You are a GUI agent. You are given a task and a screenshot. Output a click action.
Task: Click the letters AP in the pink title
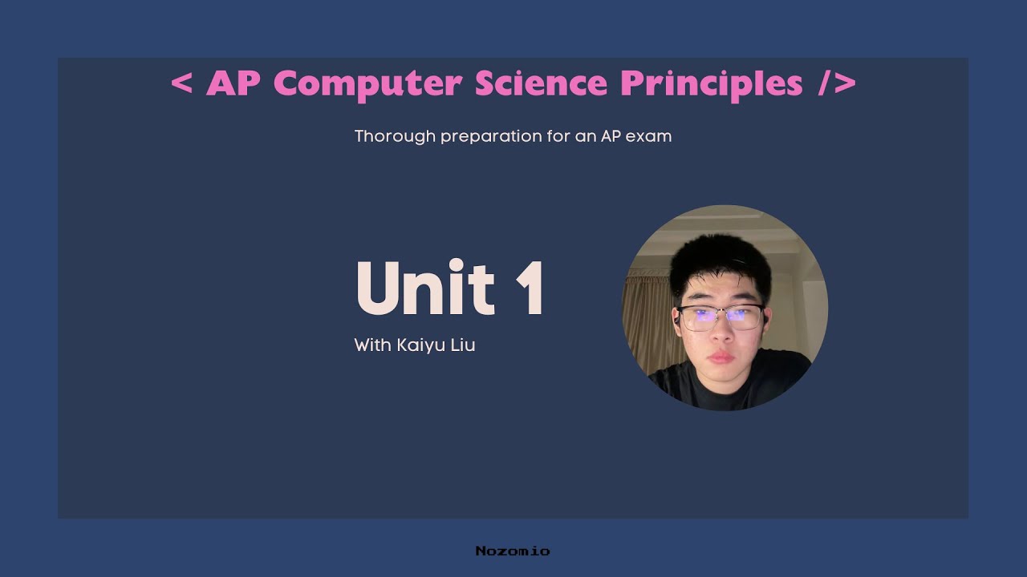233,83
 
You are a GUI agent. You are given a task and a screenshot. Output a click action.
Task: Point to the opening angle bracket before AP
182,83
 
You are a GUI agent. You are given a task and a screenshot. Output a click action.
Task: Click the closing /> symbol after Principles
837,83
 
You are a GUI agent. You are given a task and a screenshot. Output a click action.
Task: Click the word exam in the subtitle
648,136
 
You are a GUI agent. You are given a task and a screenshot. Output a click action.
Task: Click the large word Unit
424,288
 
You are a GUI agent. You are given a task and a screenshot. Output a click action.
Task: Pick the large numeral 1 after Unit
530,288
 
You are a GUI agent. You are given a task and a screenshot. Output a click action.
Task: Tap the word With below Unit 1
372,345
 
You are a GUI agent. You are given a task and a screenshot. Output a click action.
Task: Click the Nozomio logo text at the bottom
513,551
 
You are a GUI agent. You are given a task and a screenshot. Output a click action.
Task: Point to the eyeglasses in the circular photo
720,317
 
